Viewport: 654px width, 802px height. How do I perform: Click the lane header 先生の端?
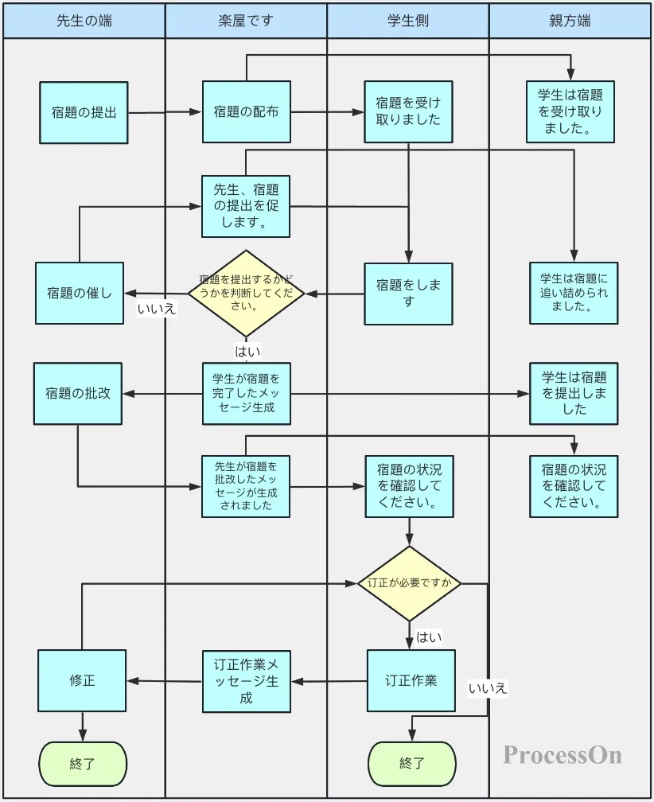84,21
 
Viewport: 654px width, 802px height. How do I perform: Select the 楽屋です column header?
246,21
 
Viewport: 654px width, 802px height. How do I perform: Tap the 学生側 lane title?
408,21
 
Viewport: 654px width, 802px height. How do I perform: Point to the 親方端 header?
570,21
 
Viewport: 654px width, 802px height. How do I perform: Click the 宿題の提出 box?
84,112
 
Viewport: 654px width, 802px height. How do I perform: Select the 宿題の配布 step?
247,112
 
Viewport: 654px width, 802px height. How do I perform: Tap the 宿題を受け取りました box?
408,111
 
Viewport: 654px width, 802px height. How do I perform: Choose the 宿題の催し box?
80,293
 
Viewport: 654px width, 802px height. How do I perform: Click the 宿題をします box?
408,294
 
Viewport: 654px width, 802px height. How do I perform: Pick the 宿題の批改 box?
78,393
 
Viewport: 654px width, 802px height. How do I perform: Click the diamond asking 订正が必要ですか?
410,583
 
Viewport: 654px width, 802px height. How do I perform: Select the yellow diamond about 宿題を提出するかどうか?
247,293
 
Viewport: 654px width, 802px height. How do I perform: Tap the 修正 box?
82,680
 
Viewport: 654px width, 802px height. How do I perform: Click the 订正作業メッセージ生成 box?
247,681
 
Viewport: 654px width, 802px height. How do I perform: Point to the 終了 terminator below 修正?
83,764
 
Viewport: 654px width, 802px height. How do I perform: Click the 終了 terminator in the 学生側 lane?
411,764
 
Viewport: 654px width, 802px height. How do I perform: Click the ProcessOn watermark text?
563,754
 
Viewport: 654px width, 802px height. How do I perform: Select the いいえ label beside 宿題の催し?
157,310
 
